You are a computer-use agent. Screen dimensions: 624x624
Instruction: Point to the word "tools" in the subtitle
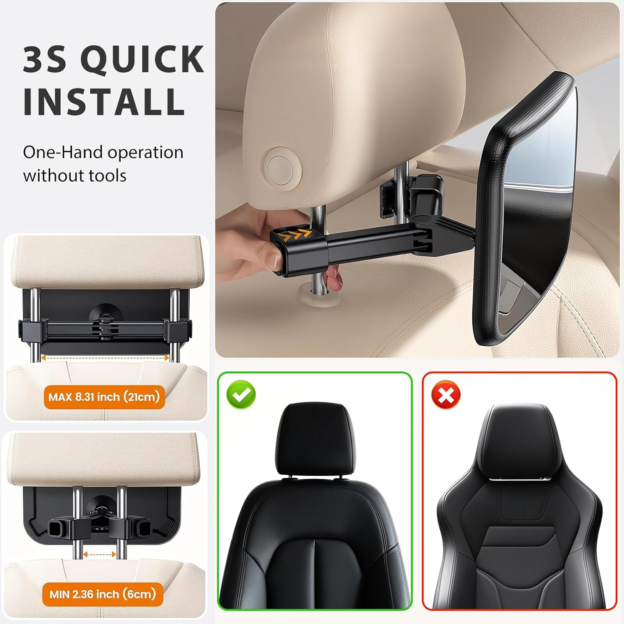click(106, 176)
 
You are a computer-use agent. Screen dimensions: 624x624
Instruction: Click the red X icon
click(446, 394)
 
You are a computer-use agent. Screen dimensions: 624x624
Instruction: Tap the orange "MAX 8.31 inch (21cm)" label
click(104, 397)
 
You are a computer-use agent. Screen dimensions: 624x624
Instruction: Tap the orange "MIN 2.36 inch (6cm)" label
click(102, 594)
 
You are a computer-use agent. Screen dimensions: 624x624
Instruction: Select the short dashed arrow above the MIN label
click(99, 555)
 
